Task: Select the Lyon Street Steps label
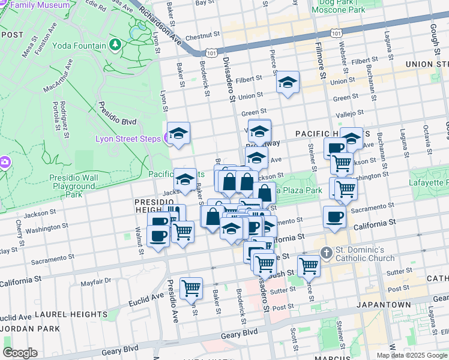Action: coord(127,139)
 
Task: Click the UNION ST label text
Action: coord(427,64)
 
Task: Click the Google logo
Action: coord(20,352)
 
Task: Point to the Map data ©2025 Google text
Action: coord(412,355)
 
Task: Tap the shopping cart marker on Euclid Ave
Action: coord(191,288)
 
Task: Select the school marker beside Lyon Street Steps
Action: coord(178,134)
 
